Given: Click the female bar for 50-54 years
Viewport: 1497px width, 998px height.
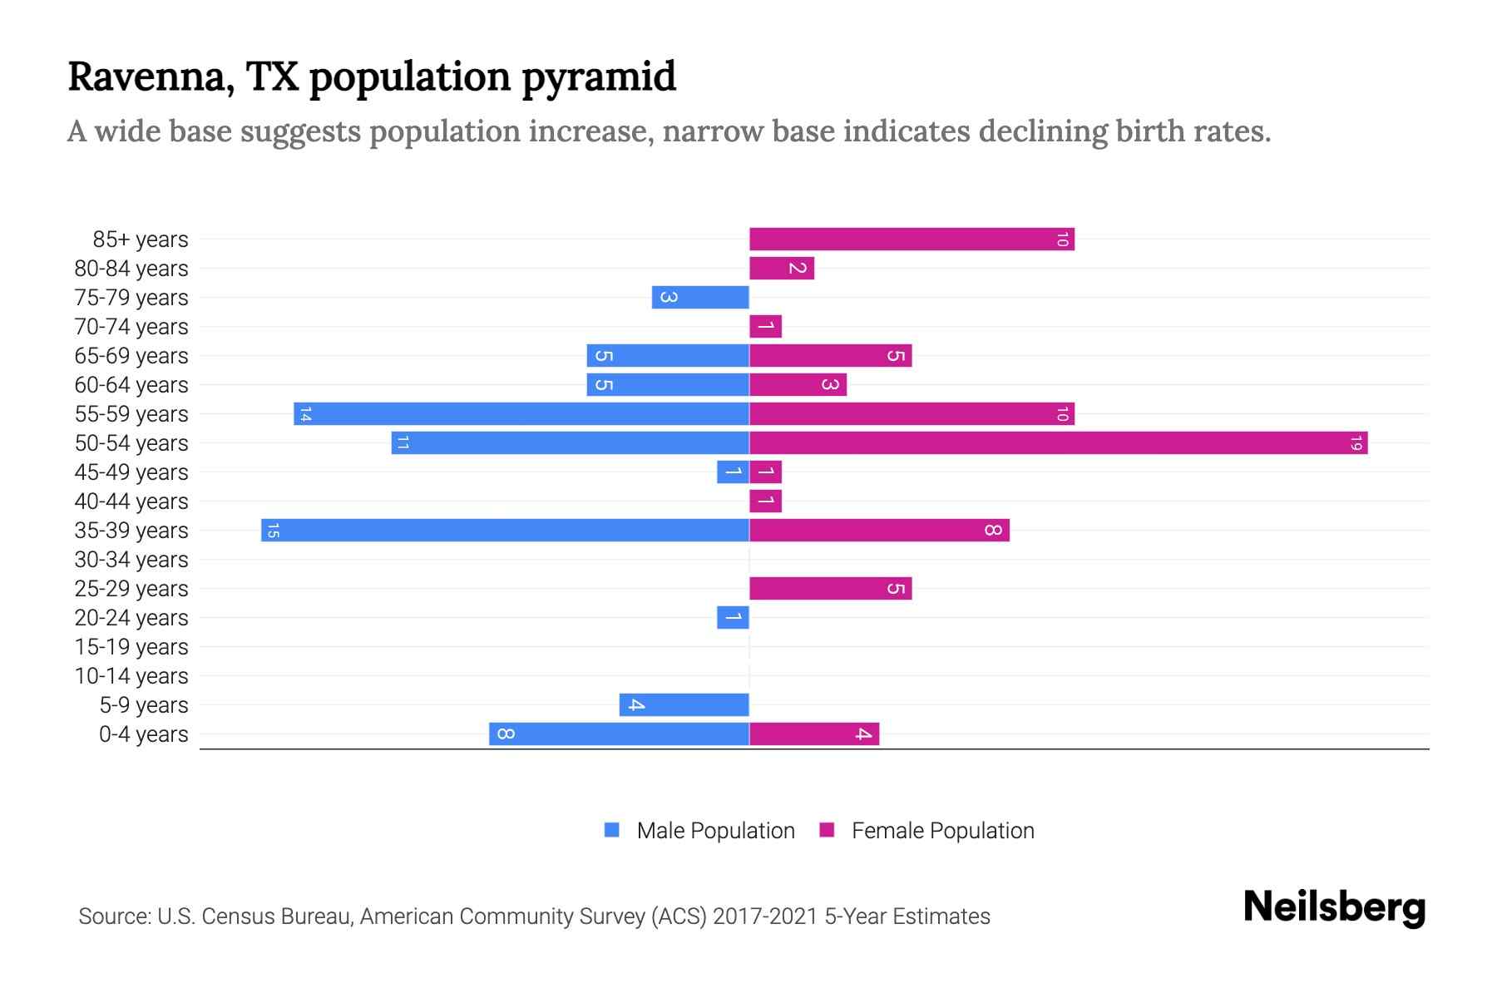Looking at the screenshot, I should pos(1058,443).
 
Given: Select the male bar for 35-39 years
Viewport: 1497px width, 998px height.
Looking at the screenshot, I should pos(505,531).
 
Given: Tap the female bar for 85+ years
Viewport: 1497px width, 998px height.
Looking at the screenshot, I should pos(912,240).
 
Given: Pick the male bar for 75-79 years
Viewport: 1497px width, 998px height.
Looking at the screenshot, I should pos(700,298).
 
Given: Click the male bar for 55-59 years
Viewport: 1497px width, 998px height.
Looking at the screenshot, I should pos(521,414).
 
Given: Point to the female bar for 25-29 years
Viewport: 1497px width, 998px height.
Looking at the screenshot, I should pos(830,589).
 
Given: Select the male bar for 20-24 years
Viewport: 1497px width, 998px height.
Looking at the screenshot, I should pos(733,618).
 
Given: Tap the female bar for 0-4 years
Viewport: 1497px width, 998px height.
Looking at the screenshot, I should pos(813,734).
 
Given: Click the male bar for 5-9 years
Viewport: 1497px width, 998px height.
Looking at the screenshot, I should pos(684,705).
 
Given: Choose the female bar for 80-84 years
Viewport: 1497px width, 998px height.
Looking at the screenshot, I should pos(781,269).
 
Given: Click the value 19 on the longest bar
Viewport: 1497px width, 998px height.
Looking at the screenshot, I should pos(1356,443).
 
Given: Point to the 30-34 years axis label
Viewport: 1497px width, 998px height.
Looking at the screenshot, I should pos(131,560).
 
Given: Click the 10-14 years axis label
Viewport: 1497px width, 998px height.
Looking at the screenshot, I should pos(131,676).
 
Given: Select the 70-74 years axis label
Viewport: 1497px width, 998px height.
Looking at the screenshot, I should pos(131,327).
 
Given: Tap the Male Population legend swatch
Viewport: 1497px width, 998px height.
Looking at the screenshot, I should pos(612,830).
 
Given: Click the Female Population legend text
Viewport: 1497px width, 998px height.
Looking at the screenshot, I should pos(942,831).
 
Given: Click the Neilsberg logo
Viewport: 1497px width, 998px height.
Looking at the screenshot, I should pos(1334,907).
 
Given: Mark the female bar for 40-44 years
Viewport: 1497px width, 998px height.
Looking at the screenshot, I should pos(765,501).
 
